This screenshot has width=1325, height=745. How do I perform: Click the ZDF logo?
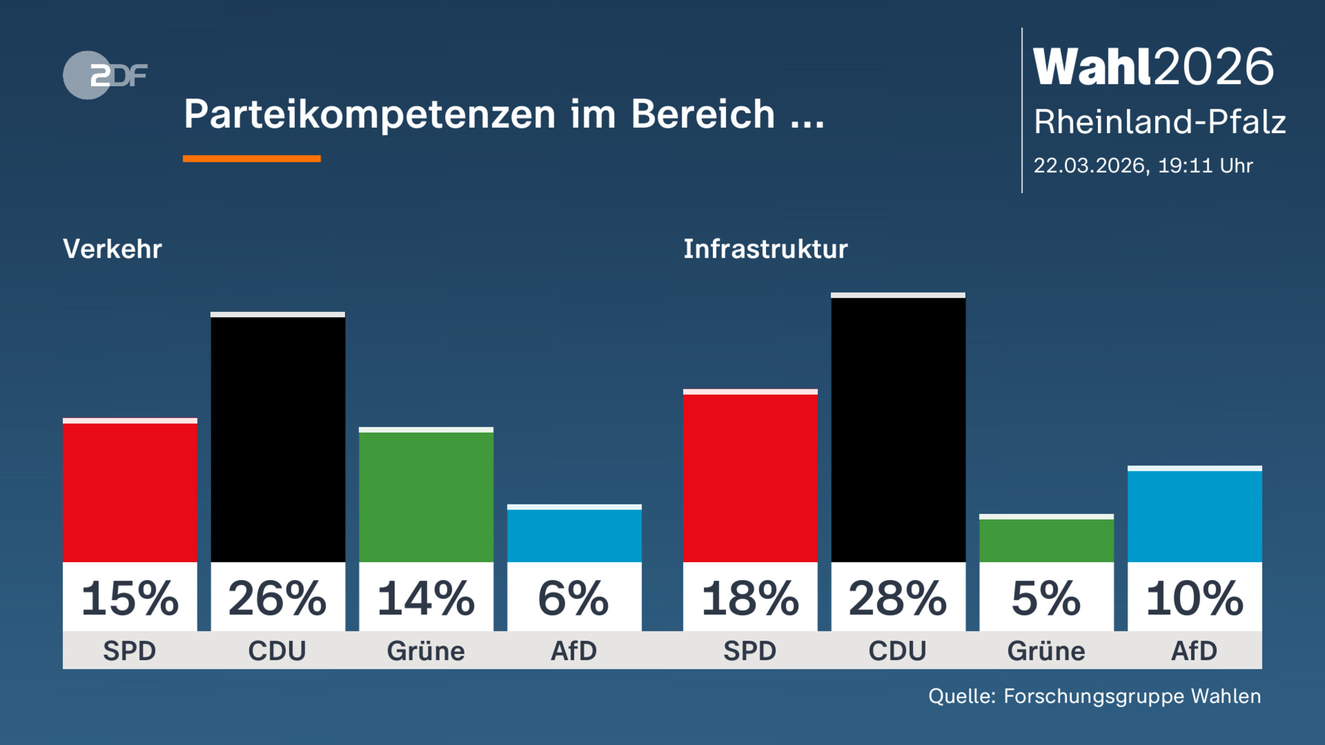pos(105,75)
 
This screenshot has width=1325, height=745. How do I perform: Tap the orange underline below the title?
pos(252,158)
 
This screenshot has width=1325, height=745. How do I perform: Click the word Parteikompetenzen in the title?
pos(369,115)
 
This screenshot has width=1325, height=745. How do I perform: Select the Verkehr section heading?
pos(113,249)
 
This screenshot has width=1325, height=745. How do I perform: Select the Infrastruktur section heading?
pos(765,249)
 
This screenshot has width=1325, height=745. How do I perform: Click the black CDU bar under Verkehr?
pos(278,439)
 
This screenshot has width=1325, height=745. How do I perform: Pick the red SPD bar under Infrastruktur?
pos(750,477)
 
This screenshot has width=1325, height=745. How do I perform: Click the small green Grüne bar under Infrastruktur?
pos(1046,539)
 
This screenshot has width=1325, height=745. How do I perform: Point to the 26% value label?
pos(278,598)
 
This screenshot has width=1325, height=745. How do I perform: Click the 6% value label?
pos(574,598)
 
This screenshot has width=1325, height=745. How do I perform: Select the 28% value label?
pos(898,598)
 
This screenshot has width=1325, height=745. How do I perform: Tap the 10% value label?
pos(1194,598)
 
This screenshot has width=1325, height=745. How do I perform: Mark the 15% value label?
pos(130,598)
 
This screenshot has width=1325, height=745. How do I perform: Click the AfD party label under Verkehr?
pos(574,651)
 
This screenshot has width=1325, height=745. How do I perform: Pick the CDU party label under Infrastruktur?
pos(898,651)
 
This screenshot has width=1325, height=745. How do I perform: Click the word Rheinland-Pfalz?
pos(1159,122)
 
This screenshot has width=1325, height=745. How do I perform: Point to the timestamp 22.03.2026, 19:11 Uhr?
pos(1143,166)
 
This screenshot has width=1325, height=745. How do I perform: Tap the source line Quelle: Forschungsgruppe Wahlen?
pos(1094,696)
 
